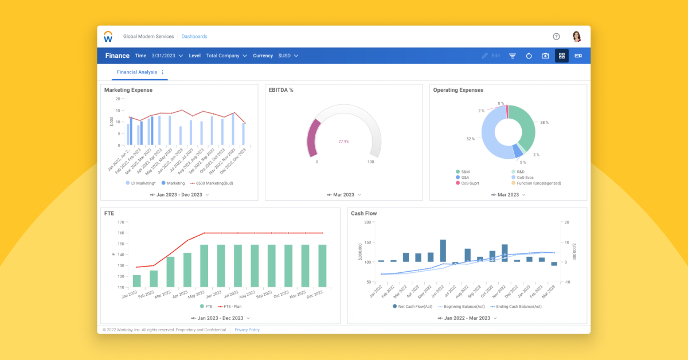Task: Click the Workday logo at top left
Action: pyautogui.click(x=108, y=37)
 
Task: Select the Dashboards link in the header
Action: pyautogui.click(x=194, y=37)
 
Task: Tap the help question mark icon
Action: pyautogui.click(x=556, y=37)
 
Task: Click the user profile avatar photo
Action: pyautogui.click(x=577, y=37)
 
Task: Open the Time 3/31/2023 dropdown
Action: pyautogui.click(x=167, y=56)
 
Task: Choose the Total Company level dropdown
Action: pyautogui.click(x=226, y=56)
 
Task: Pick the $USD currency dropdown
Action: pyautogui.click(x=288, y=56)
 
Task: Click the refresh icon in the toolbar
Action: pyautogui.click(x=529, y=56)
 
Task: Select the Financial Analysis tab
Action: pyautogui.click(x=136, y=72)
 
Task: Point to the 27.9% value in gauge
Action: pyautogui.click(x=343, y=141)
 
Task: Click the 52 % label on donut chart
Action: pyautogui.click(x=470, y=139)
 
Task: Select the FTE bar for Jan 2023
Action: pyautogui.click(x=136, y=281)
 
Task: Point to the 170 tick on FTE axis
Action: pyautogui.click(x=120, y=222)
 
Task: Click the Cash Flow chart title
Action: pyautogui.click(x=363, y=213)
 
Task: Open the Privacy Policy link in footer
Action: pyautogui.click(x=247, y=330)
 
